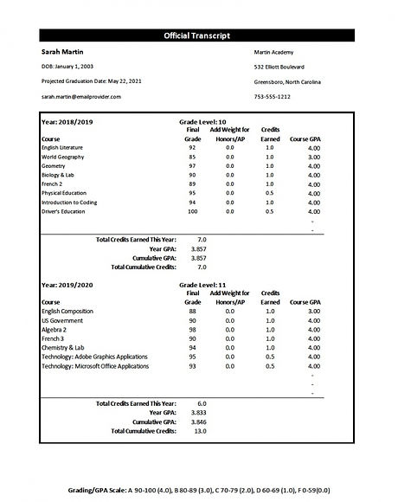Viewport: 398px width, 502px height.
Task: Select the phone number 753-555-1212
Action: pyautogui.click(x=273, y=96)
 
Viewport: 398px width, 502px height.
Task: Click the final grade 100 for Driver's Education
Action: pyautogui.click(x=193, y=211)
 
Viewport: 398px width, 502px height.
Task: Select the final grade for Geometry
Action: pyautogui.click(x=193, y=166)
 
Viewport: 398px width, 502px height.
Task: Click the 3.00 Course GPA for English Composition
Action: pyautogui.click(x=314, y=310)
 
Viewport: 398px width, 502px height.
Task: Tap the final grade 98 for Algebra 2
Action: pyautogui.click(x=193, y=328)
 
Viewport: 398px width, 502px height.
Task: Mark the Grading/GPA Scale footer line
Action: pyautogui.click(x=198, y=490)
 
